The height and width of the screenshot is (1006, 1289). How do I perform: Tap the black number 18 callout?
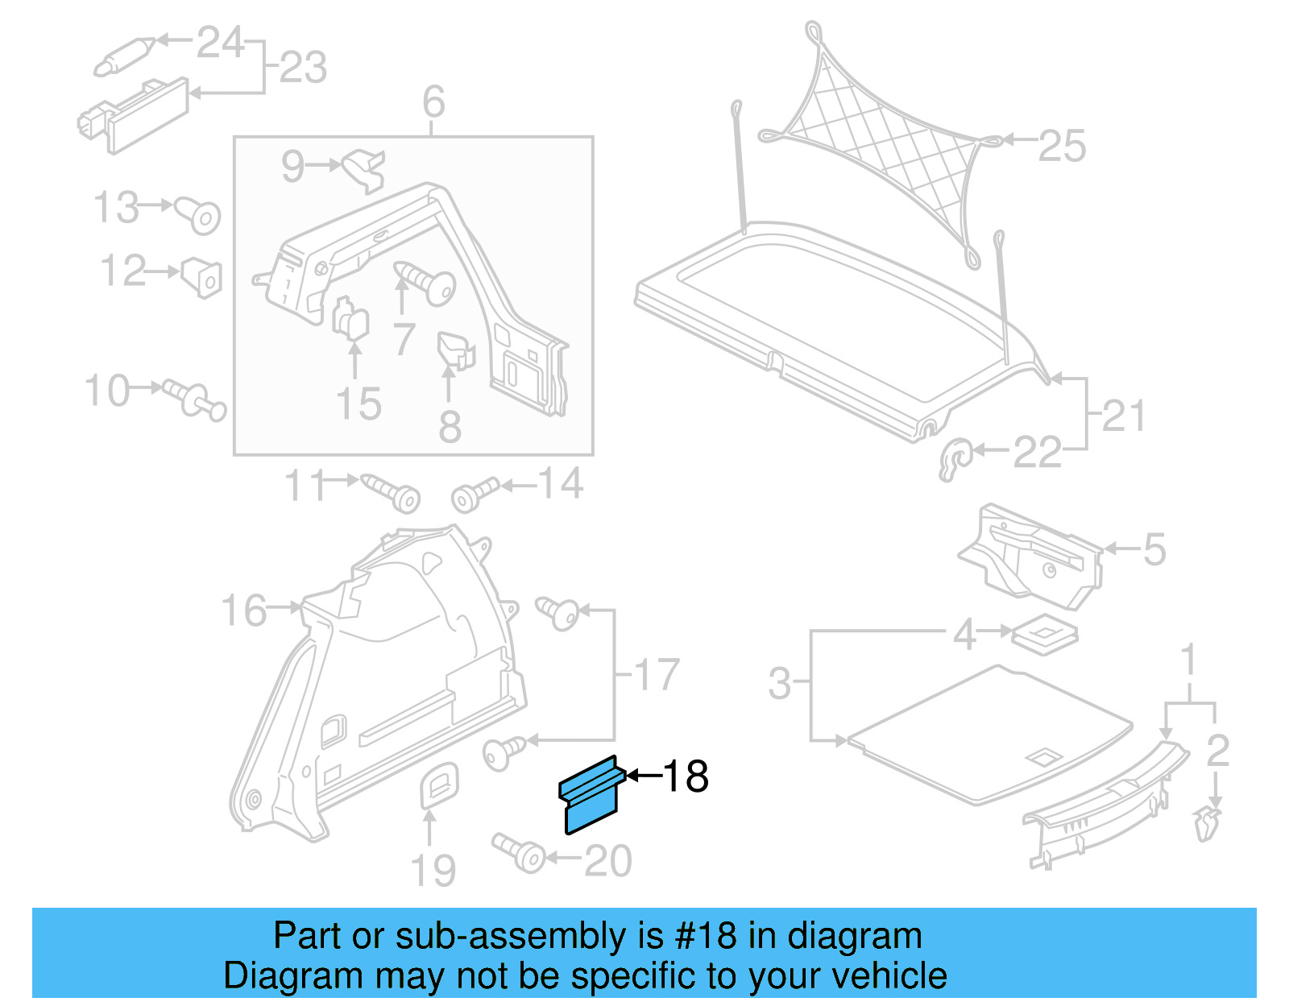coord(686,776)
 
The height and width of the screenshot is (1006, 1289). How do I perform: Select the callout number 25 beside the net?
coord(1062,146)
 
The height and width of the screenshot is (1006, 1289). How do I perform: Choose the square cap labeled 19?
coord(440,785)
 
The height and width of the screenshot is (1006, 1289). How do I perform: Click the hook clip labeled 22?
coord(955,460)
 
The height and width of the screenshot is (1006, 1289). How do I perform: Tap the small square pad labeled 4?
coord(1044,634)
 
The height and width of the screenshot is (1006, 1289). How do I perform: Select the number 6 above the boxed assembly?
coord(433,102)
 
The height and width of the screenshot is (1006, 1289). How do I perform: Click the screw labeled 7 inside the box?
coord(427,283)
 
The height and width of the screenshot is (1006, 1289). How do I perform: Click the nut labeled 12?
coord(202,277)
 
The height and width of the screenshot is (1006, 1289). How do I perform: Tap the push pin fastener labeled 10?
coord(195,400)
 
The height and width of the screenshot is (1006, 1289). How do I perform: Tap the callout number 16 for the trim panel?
coord(243,610)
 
